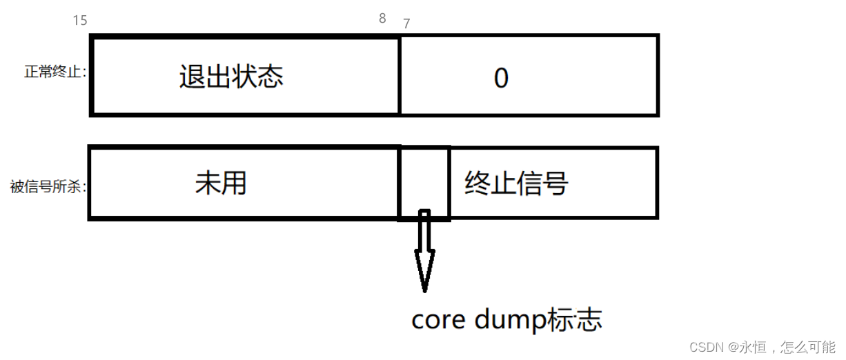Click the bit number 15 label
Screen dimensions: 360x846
tap(80, 21)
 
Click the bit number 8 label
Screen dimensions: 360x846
tap(382, 19)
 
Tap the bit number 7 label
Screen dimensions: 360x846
tap(406, 23)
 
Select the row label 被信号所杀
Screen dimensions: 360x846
tap(48, 187)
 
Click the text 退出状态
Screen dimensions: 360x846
tap(231, 77)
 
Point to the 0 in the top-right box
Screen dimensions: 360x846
tap(502, 79)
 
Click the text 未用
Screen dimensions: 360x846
tap(221, 183)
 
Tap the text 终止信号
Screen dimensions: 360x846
tap(516, 184)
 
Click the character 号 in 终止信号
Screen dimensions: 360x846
tap(555, 184)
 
